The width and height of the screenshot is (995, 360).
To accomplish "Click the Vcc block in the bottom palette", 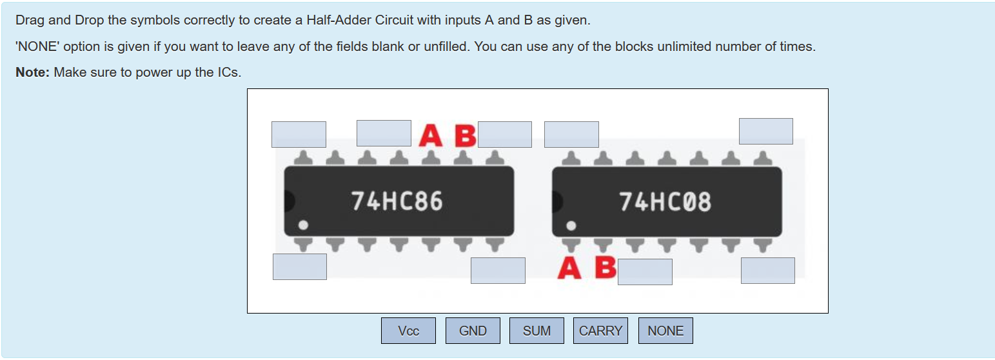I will (x=408, y=331).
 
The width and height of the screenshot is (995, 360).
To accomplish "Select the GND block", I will (x=473, y=331).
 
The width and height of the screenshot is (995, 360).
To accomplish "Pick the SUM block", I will (x=537, y=331).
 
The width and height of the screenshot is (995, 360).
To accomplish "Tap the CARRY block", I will (x=600, y=331).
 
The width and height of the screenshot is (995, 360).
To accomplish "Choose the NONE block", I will (x=665, y=331).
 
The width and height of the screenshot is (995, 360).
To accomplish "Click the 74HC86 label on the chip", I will (x=397, y=201).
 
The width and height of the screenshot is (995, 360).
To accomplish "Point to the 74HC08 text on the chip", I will (x=665, y=202).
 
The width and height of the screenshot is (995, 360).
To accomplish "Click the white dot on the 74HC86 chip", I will (x=303, y=225).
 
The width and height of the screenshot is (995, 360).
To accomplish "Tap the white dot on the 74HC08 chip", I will (x=571, y=225).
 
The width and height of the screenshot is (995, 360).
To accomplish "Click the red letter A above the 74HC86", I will (x=430, y=136).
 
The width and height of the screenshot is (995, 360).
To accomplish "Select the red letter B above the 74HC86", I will (x=465, y=136).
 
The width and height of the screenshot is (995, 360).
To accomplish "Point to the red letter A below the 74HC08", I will (x=569, y=267).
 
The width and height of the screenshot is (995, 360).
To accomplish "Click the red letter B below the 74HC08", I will (x=605, y=267).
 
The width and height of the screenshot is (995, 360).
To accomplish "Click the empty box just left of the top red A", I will (x=384, y=133).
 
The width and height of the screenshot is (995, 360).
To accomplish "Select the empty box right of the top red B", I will (x=505, y=134).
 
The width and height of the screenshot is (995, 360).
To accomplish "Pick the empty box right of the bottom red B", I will (x=645, y=272).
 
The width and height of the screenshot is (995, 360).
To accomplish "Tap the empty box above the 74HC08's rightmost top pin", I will (x=765, y=131).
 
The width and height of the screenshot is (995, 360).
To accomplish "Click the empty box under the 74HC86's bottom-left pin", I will (x=300, y=266).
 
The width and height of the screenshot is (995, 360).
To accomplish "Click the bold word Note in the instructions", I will (x=32, y=72).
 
